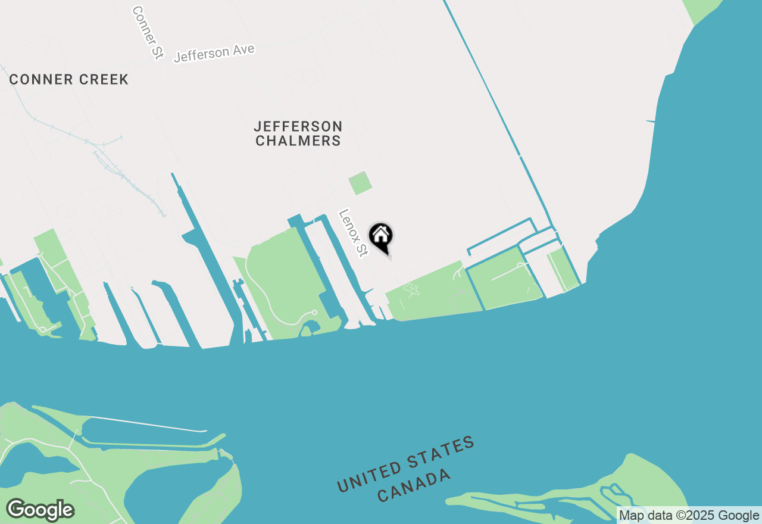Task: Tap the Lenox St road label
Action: [x=352, y=233]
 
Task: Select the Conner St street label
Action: [x=147, y=33]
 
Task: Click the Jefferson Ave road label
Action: [x=214, y=53]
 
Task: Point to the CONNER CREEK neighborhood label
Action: [x=68, y=80]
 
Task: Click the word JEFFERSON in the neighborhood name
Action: [x=298, y=126]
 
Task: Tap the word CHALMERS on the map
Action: [x=298, y=141]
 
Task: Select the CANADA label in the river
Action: [x=414, y=485]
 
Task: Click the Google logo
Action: [x=40, y=510]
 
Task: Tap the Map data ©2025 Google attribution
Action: [x=689, y=516]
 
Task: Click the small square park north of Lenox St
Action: [x=360, y=183]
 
